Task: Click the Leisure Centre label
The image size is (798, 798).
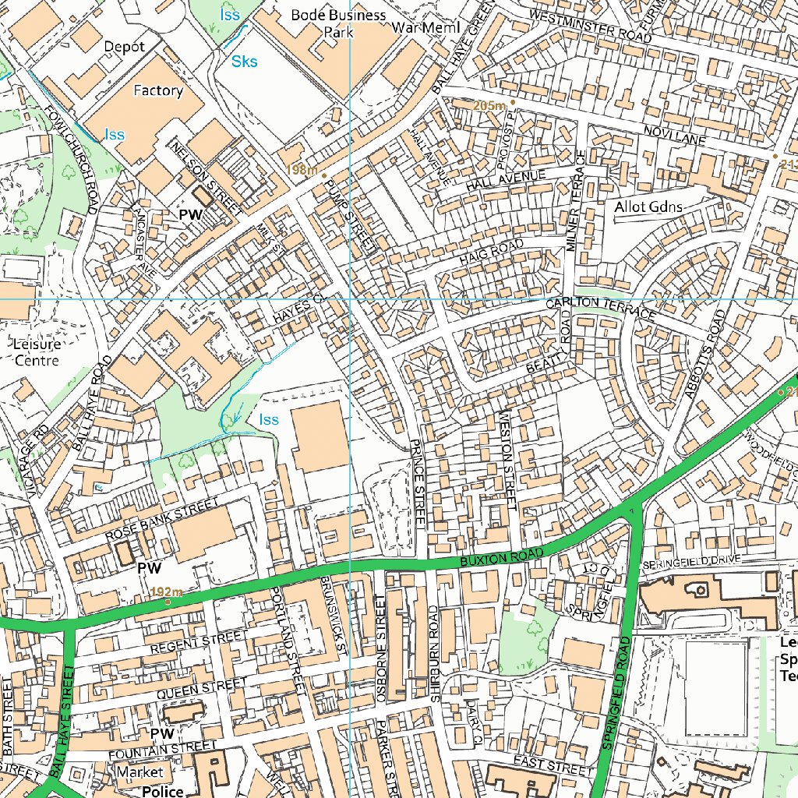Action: click(37, 351)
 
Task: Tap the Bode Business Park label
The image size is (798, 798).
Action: click(338, 23)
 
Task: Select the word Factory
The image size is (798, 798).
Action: click(158, 90)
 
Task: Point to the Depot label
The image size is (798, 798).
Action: click(124, 47)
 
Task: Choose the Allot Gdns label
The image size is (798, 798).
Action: click(648, 207)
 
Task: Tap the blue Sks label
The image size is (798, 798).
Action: click(245, 62)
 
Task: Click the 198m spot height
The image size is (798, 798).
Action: click(302, 170)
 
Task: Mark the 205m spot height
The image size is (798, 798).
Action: click(489, 104)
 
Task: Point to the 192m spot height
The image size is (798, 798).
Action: click(166, 592)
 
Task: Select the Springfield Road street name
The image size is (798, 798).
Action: click(615, 694)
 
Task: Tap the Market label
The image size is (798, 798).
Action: click(140, 772)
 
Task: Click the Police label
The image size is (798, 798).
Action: click(162, 791)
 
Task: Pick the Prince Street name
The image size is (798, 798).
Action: click(414, 483)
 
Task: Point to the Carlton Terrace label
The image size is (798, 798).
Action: click(600, 307)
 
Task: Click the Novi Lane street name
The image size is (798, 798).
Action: click(675, 137)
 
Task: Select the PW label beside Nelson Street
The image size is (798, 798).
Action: click(191, 214)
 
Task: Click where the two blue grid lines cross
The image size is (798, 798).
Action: click(349, 298)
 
